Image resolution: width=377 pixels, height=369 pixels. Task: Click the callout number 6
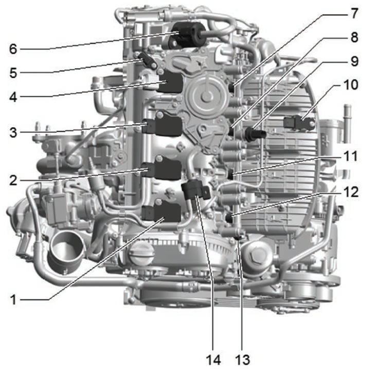[13, 49]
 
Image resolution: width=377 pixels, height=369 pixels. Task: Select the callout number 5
[13, 73]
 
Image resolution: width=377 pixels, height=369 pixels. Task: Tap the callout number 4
[13, 97]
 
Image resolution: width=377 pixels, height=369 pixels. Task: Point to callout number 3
[13, 133]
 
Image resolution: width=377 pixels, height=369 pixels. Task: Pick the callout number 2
[13, 180]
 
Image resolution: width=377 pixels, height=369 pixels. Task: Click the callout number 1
[13, 300]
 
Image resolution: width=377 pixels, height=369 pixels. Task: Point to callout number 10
[351, 85]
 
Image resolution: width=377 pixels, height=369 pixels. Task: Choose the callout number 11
[351, 156]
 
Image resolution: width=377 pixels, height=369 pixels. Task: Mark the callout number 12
[351, 192]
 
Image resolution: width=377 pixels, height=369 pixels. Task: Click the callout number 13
[242, 360]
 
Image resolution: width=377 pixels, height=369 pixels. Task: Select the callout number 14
[213, 360]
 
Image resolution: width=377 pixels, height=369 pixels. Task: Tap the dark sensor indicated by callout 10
[299, 122]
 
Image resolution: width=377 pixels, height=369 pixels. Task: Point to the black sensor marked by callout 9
[255, 134]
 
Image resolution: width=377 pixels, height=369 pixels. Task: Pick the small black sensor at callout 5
[147, 60]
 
